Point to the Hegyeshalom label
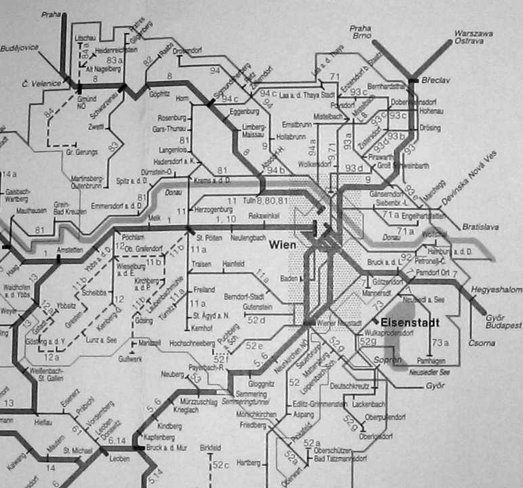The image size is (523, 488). pyautogui.click(x=497, y=290)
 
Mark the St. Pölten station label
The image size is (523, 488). pyautogui.click(x=209, y=238)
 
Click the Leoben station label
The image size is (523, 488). pyautogui.click(x=119, y=459)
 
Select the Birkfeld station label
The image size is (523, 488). pyautogui.click(x=211, y=449)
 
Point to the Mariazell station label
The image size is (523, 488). pyautogui.click(x=150, y=344)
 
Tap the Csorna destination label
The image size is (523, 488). pyautogui.click(x=481, y=343)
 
